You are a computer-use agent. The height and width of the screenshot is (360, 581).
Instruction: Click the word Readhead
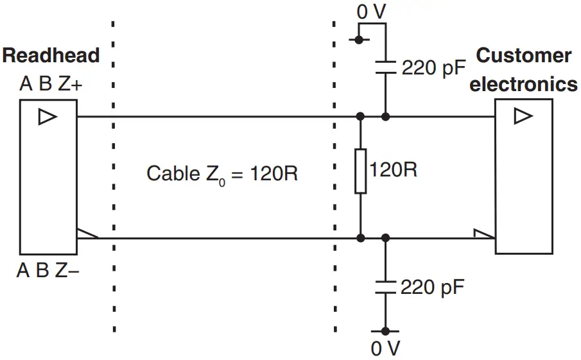click(51, 55)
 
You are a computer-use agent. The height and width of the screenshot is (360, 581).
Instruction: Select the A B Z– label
click(48, 270)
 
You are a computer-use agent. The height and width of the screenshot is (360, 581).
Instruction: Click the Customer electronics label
click(523, 70)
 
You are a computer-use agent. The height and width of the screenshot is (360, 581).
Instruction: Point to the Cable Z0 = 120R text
click(222, 173)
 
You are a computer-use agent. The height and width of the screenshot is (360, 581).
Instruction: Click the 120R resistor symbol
click(361, 171)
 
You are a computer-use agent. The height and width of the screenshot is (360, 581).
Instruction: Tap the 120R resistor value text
click(394, 170)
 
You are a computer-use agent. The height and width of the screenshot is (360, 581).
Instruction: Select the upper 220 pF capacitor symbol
click(385, 67)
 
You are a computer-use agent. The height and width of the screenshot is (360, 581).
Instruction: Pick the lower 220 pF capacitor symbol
click(385, 286)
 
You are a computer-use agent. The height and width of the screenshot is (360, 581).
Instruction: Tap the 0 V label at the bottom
click(385, 348)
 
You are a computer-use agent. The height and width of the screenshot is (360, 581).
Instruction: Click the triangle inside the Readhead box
click(48, 117)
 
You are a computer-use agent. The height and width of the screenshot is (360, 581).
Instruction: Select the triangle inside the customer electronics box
click(523, 116)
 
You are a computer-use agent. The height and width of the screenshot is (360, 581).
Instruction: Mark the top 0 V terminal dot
click(359, 40)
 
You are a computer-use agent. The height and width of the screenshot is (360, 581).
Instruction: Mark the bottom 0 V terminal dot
click(385, 331)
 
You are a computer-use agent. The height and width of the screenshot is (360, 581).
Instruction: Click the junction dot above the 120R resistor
click(361, 117)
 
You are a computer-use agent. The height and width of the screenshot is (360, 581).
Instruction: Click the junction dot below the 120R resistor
click(361, 238)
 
